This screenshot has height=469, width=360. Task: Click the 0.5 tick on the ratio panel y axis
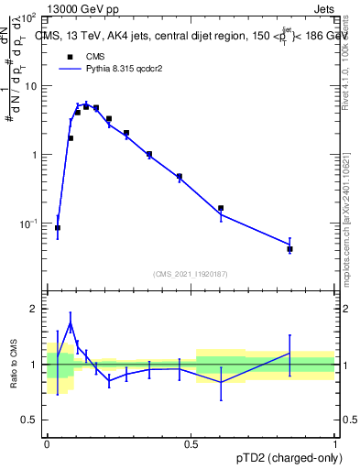point(30,420)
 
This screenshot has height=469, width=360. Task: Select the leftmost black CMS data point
point(58,228)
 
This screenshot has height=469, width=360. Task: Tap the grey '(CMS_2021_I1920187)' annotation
point(191,274)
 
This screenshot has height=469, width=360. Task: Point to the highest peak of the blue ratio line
point(71,323)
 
